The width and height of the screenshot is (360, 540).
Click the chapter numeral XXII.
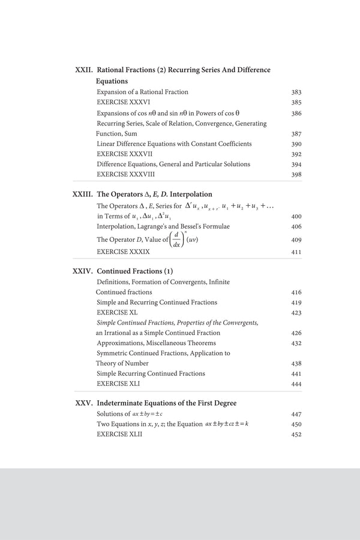[83, 70]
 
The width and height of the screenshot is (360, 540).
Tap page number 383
[296, 92]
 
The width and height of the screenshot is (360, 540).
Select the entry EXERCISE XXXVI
[123, 103]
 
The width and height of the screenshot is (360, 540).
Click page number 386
[296, 113]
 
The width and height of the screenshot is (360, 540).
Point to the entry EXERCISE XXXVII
[124, 154]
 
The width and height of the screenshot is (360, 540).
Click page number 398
[296, 175]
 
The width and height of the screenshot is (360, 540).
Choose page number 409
[296, 240]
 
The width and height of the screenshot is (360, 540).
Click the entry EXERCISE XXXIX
[123, 252]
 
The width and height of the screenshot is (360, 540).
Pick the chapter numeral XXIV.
[82, 271]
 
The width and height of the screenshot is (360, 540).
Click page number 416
[296, 293]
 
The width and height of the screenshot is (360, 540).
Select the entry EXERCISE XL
[117, 313]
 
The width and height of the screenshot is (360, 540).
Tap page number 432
[296, 344]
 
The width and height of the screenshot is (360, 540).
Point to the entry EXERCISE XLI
[118, 383]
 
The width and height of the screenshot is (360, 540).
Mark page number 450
[296, 425]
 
